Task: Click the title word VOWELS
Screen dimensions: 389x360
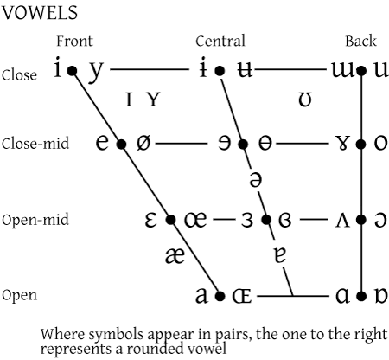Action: (40, 13)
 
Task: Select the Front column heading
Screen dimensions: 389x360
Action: (74, 41)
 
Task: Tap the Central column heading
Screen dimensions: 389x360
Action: (220, 41)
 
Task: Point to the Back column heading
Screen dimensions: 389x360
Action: (360, 41)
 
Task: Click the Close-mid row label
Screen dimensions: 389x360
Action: (35, 144)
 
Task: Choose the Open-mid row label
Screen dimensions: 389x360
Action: (35, 220)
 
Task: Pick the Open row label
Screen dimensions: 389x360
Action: (19, 295)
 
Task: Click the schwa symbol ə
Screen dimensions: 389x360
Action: (256, 179)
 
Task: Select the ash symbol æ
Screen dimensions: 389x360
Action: (175, 255)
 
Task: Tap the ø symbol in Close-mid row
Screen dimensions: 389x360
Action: (143, 143)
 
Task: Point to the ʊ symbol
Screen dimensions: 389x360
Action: (305, 100)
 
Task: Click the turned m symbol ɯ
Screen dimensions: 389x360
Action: (342, 70)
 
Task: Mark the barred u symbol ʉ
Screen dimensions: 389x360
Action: (245, 70)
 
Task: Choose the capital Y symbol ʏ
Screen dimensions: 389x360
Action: (153, 100)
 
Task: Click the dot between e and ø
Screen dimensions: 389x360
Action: (122, 144)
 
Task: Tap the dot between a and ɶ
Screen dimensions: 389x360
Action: (220, 296)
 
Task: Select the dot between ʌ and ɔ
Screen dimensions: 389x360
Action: (361, 220)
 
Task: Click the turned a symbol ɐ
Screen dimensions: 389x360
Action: (280, 255)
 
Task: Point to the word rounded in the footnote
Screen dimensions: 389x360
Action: (156, 349)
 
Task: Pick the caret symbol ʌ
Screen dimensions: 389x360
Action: (342, 221)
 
